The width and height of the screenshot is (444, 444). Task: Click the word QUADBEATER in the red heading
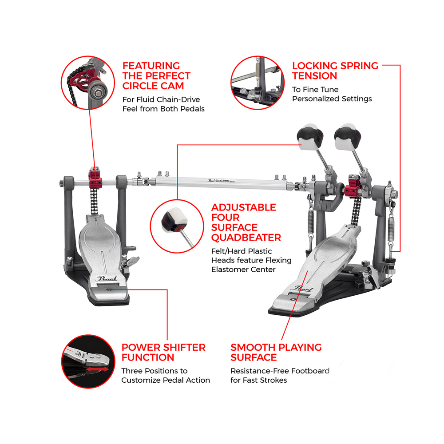(246, 238)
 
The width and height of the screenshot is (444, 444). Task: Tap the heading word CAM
(172, 86)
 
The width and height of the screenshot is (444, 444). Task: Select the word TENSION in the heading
(315, 76)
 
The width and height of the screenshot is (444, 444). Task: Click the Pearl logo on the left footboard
(107, 279)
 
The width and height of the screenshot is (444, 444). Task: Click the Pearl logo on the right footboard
(303, 289)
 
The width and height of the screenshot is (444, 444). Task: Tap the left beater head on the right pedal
(310, 137)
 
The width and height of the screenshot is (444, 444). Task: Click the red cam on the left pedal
(95, 178)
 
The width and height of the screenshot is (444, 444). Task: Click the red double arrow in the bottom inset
(97, 369)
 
